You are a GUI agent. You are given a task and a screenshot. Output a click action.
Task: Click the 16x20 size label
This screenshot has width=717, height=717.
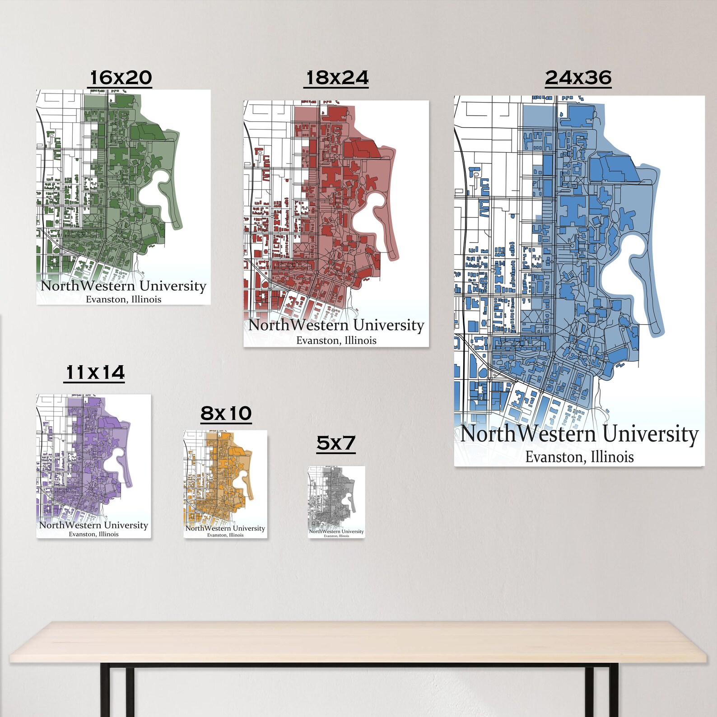[120, 78]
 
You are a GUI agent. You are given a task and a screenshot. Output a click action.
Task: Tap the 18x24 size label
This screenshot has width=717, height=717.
[337, 78]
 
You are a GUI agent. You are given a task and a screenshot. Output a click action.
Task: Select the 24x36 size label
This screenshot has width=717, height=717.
[578, 78]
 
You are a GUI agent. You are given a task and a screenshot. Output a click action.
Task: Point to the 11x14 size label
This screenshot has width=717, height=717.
[94, 373]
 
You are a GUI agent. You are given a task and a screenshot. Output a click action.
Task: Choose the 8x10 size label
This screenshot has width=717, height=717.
[226, 413]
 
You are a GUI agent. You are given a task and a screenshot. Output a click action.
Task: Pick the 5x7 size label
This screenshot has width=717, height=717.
[336, 443]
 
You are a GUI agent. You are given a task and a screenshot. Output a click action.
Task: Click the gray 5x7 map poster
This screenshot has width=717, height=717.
[336, 501]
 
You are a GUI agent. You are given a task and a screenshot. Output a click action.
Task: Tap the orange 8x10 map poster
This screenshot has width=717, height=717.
[225, 483]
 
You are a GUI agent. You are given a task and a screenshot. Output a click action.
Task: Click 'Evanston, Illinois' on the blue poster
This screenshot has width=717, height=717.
[579, 457]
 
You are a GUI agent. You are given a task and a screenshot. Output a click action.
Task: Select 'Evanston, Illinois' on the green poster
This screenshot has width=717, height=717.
[123, 299]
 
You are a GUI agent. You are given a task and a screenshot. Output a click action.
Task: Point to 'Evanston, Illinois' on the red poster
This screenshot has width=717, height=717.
[336, 340]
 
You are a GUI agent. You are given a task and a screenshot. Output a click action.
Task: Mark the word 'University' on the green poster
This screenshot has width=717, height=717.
[172, 286]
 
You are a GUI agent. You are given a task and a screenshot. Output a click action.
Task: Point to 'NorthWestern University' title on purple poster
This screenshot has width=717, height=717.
[93, 525]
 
